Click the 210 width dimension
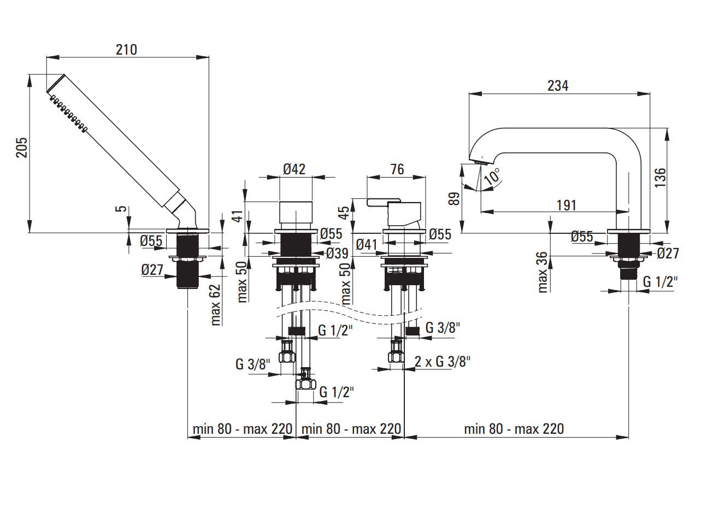point(126,49)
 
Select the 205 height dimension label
point(21,148)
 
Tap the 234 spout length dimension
point(558,86)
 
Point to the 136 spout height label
point(660,178)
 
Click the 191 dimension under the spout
point(567,205)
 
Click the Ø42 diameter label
point(294,169)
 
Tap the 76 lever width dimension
point(397,169)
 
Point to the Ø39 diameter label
point(337,253)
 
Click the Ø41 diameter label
point(367,244)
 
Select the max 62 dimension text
point(215,305)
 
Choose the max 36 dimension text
point(542,272)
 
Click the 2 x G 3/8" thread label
point(442,361)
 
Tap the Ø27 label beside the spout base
point(668,253)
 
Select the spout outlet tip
point(479,162)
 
